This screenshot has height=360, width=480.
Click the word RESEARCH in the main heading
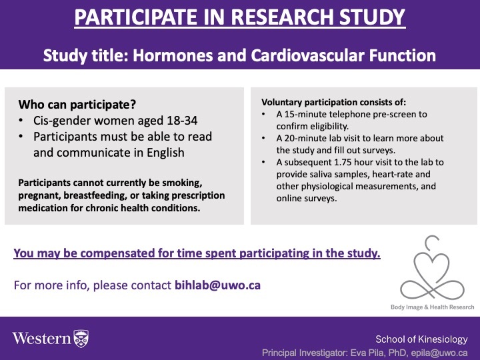pos(281,17)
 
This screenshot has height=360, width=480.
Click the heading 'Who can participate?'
pos(77,105)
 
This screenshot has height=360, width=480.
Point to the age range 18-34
pos(182,120)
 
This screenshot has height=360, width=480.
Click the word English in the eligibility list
pos(165,153)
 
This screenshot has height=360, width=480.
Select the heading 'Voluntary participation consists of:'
pos(334,102)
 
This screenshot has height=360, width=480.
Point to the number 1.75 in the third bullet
pos(345,162)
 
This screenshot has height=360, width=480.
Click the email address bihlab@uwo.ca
pos(217,285)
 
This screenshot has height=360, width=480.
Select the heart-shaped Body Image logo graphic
pos(432,267)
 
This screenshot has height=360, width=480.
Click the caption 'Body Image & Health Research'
pos(432,307)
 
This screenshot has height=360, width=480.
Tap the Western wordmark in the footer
pos(41,338)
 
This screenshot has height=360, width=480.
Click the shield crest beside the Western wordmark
pos(81,339)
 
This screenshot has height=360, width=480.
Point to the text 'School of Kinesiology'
pos(421,339)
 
